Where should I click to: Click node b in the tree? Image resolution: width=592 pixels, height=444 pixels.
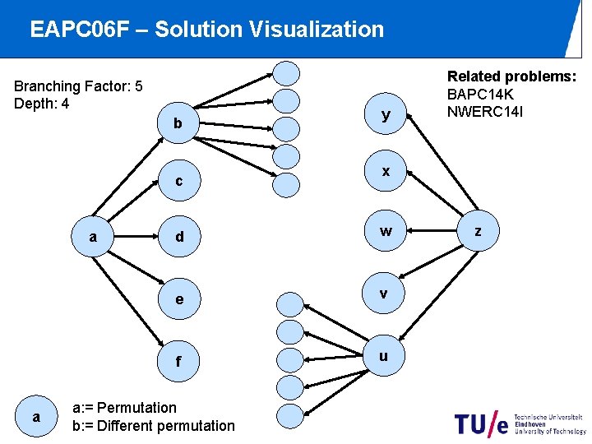coord(178,123)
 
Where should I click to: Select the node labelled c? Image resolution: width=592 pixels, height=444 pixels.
coord(178,181)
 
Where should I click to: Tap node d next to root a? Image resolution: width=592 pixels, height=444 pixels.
coord(178,238)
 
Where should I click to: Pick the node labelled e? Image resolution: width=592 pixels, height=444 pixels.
coord(178,299)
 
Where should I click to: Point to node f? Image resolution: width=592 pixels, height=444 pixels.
coord(178,361)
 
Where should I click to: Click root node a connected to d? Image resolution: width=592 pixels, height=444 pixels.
coord(93,238)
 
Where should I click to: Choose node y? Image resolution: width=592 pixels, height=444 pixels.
coord(385,116)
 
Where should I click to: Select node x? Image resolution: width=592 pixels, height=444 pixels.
coord(385,171)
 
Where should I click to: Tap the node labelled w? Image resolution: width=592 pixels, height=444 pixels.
coord(385,233)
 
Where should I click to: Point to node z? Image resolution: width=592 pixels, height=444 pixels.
coord(478,233)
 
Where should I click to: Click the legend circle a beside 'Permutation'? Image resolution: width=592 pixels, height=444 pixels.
coord(35,417)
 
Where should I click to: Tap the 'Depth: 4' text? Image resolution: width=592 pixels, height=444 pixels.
coord(42,104)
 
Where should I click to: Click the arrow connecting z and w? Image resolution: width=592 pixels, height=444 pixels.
coord(432,233)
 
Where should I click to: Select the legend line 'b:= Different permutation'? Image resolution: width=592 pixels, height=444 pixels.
coord(154,426)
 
